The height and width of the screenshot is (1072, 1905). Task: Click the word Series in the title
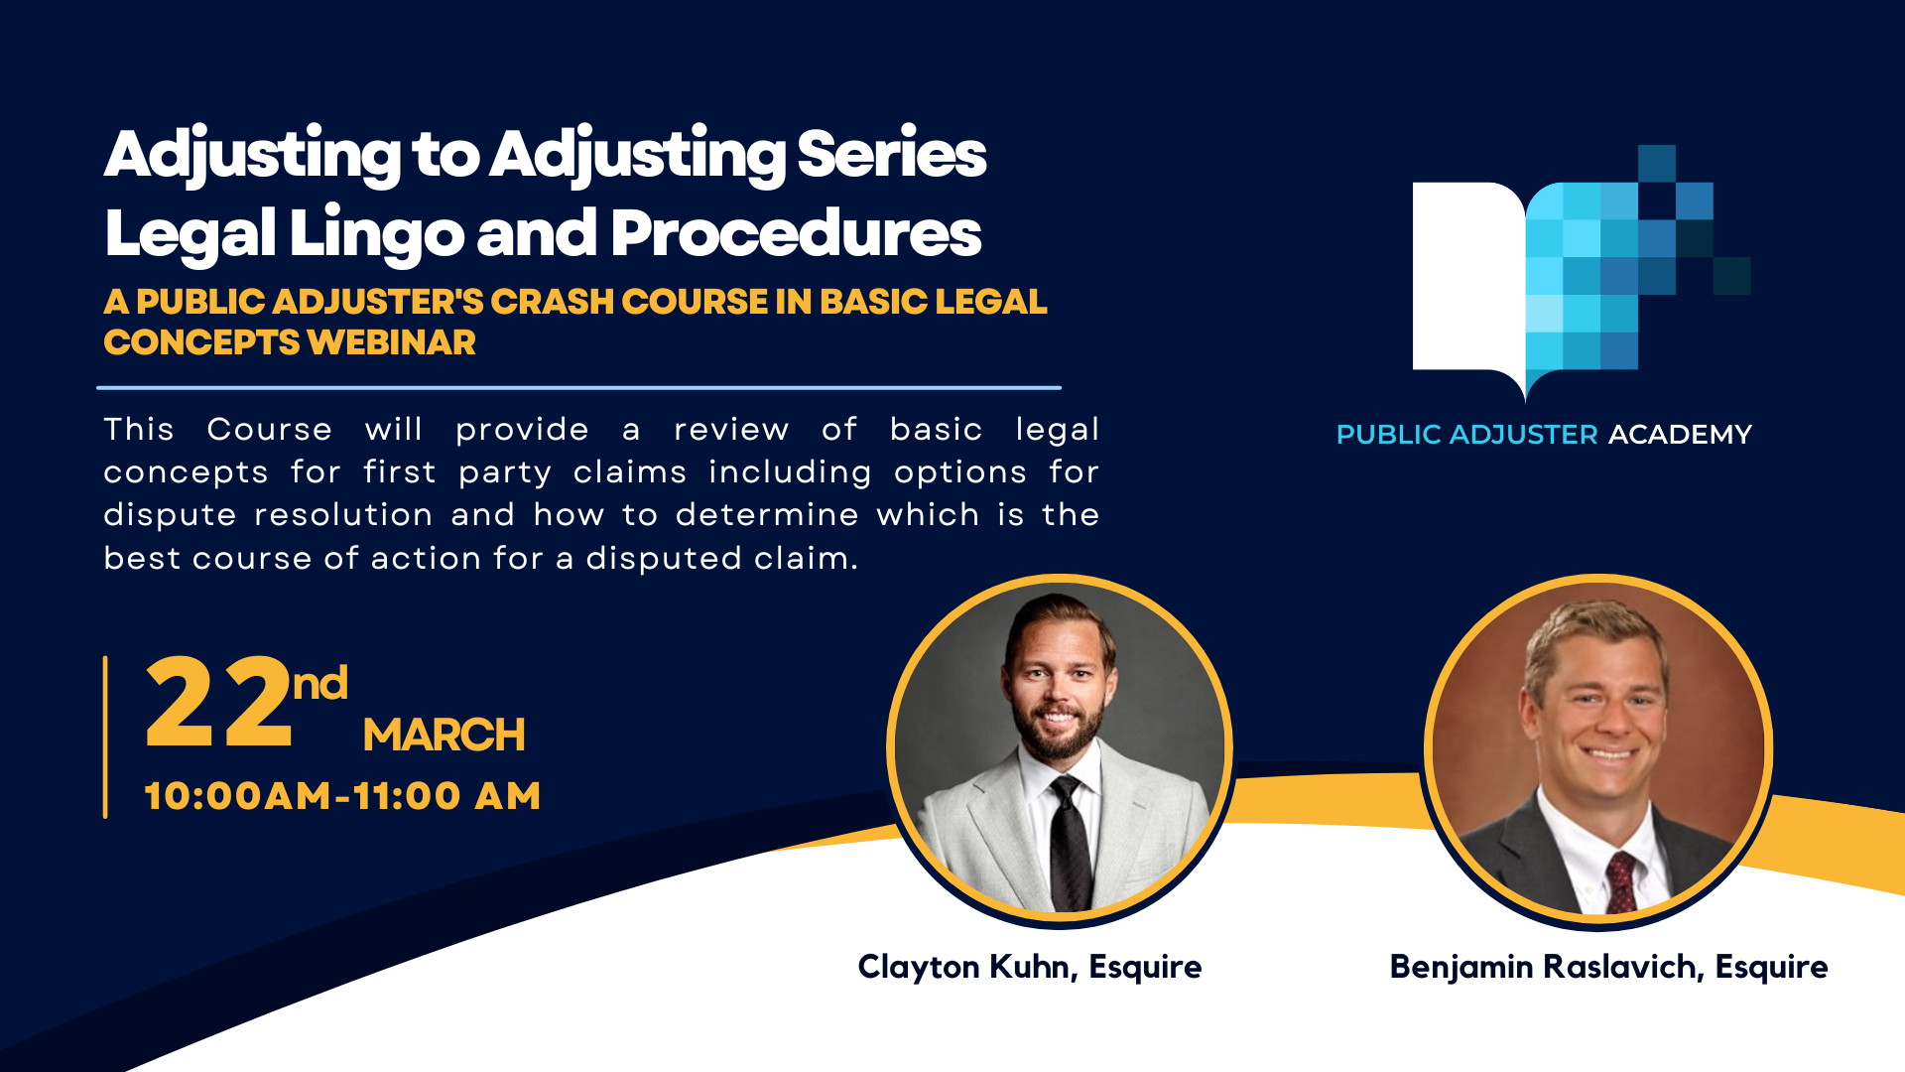click(x=891, y=155)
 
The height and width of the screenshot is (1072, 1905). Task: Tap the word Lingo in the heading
click(x=377, y=235)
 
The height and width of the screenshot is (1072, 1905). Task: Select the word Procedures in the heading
click(x=796, y=233)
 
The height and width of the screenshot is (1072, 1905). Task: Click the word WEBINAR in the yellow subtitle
click(x=392, y=342)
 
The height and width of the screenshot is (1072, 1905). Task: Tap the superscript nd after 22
click(x=319, y=684)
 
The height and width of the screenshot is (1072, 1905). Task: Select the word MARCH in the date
click(x=444, y=736)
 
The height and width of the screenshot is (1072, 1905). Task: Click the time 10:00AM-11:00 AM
click(x=342, y=796)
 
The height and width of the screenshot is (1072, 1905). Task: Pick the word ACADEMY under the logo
click(x=1680, y=435)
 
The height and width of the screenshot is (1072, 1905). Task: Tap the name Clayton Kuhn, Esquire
click(x=1030, y=967)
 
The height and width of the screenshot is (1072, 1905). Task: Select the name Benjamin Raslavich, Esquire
click(x=1608, y=967)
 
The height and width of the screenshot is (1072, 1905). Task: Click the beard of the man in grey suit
click(x=1058, y=730)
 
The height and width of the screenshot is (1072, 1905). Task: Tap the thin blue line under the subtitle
click(x=578, y=387)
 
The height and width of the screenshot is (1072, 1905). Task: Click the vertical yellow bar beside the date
click(x=105, y=737)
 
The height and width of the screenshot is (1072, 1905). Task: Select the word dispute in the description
click(x=170, y=515)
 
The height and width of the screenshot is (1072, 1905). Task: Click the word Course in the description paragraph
click(x=270, y=430)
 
